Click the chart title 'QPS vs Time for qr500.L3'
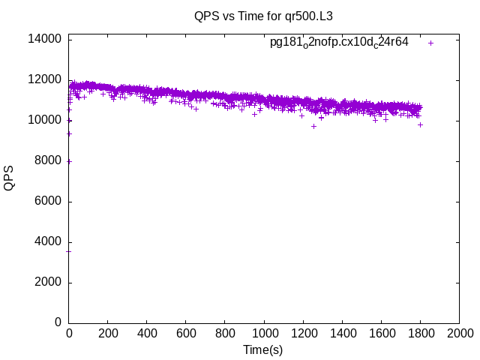coord(263,15)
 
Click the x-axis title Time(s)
coord(263,349)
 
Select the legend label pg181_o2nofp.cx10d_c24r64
coord(339,43)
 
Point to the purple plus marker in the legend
coord(430,43)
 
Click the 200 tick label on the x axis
coord(108,333)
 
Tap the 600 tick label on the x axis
coord(186,333)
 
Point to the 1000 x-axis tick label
coord(264,333)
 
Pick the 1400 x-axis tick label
coord(342,333)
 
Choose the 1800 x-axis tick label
coord(420,333)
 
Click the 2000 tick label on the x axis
coord(459,333)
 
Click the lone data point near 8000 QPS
coord(69,161)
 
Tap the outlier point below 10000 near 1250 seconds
coord(313,126)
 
